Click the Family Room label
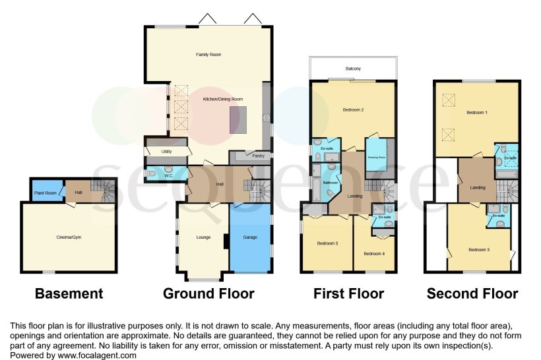pyautogui.click(x=208, y=55)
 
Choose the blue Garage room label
pyautogui.click(x=250, y=237)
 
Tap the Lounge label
pyautogui.click(x=203, y=237)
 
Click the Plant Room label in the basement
pyautogui.click(x=44, y=193)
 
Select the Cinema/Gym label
pyautogui.click(x=68, y=237)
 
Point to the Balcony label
pyautogui.click(x=352, y=69)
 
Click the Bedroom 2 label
pyautogui.click(x=354, y=109)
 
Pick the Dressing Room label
pyautogui.click(x=377, y=158)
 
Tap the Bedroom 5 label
pyautogui.click(x=327, y=243)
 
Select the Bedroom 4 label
pyautogui.click(x=374, y=253)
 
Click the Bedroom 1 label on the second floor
pyautogui.click(x=478, y=113)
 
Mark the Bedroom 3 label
pyautogui.click(x=479, y=250)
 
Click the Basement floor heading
pyautogui.click(x=69, y=293)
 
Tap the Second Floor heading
pyautogui.click(x=472, y=293)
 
